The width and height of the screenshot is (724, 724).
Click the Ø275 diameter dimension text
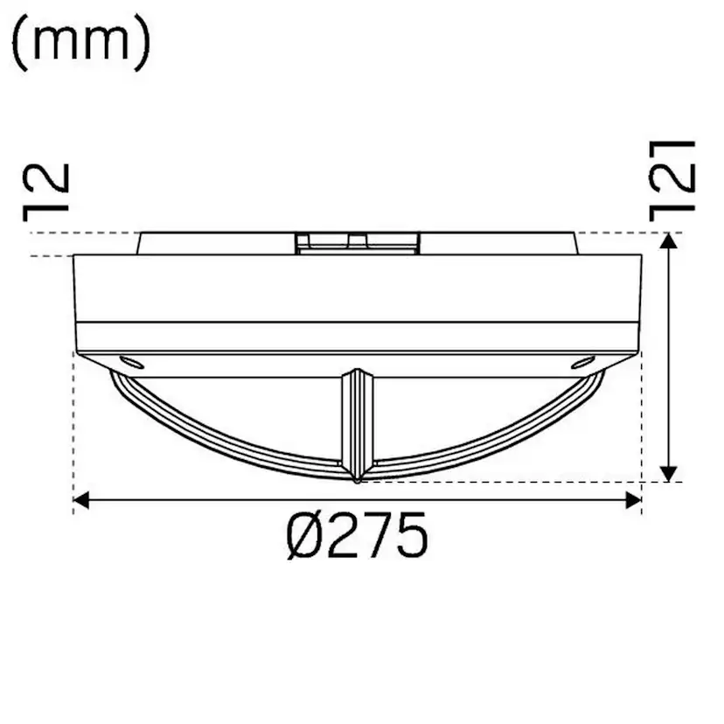[358, 537]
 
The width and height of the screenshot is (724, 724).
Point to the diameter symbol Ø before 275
[305, 537]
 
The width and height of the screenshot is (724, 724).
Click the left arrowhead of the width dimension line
[81, 499]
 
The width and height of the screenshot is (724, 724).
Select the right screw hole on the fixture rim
[581, 360]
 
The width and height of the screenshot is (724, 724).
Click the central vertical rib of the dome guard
[358, 420]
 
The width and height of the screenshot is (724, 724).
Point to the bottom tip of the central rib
[358, 479]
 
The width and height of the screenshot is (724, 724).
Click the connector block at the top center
[359, 242]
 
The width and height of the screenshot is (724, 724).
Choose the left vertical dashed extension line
[73, 428]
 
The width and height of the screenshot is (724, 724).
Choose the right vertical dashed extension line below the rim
[643, 428]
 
